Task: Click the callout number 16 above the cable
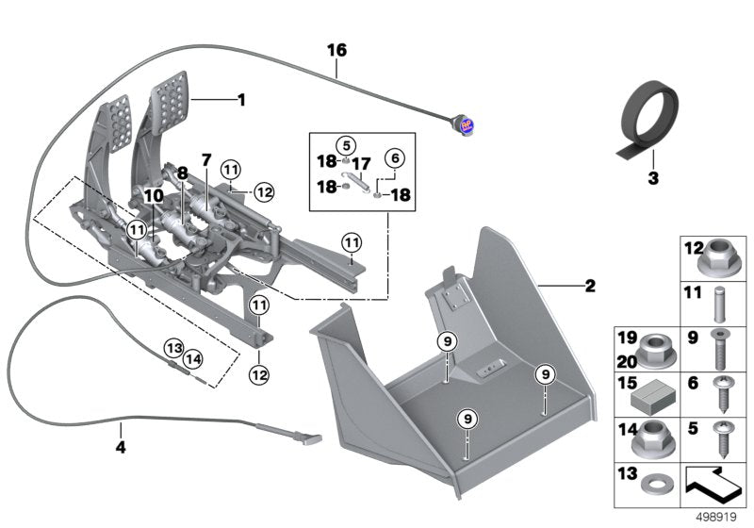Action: (x=336, y=48)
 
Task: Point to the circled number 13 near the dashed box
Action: (x=173, y=347)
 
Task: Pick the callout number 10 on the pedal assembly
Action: (x=153, y=195)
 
